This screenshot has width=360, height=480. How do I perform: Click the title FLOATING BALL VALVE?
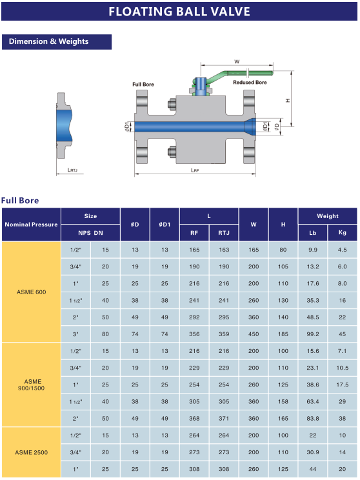[x=179, y=12]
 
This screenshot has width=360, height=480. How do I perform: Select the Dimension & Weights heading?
[x=48, y=41]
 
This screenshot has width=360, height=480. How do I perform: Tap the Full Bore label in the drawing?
[x=143, y=84]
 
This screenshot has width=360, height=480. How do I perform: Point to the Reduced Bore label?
[x=250, y=83]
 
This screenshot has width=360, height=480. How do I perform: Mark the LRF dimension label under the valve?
[x=195, y=170]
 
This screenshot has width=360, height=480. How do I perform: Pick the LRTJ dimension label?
[x=72, y=170]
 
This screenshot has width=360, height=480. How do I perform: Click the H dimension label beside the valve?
[x=288, y=101]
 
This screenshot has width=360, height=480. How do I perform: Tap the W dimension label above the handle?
[x=237, y=61]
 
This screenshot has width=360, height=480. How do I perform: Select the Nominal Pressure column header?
[x=31, y=225]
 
